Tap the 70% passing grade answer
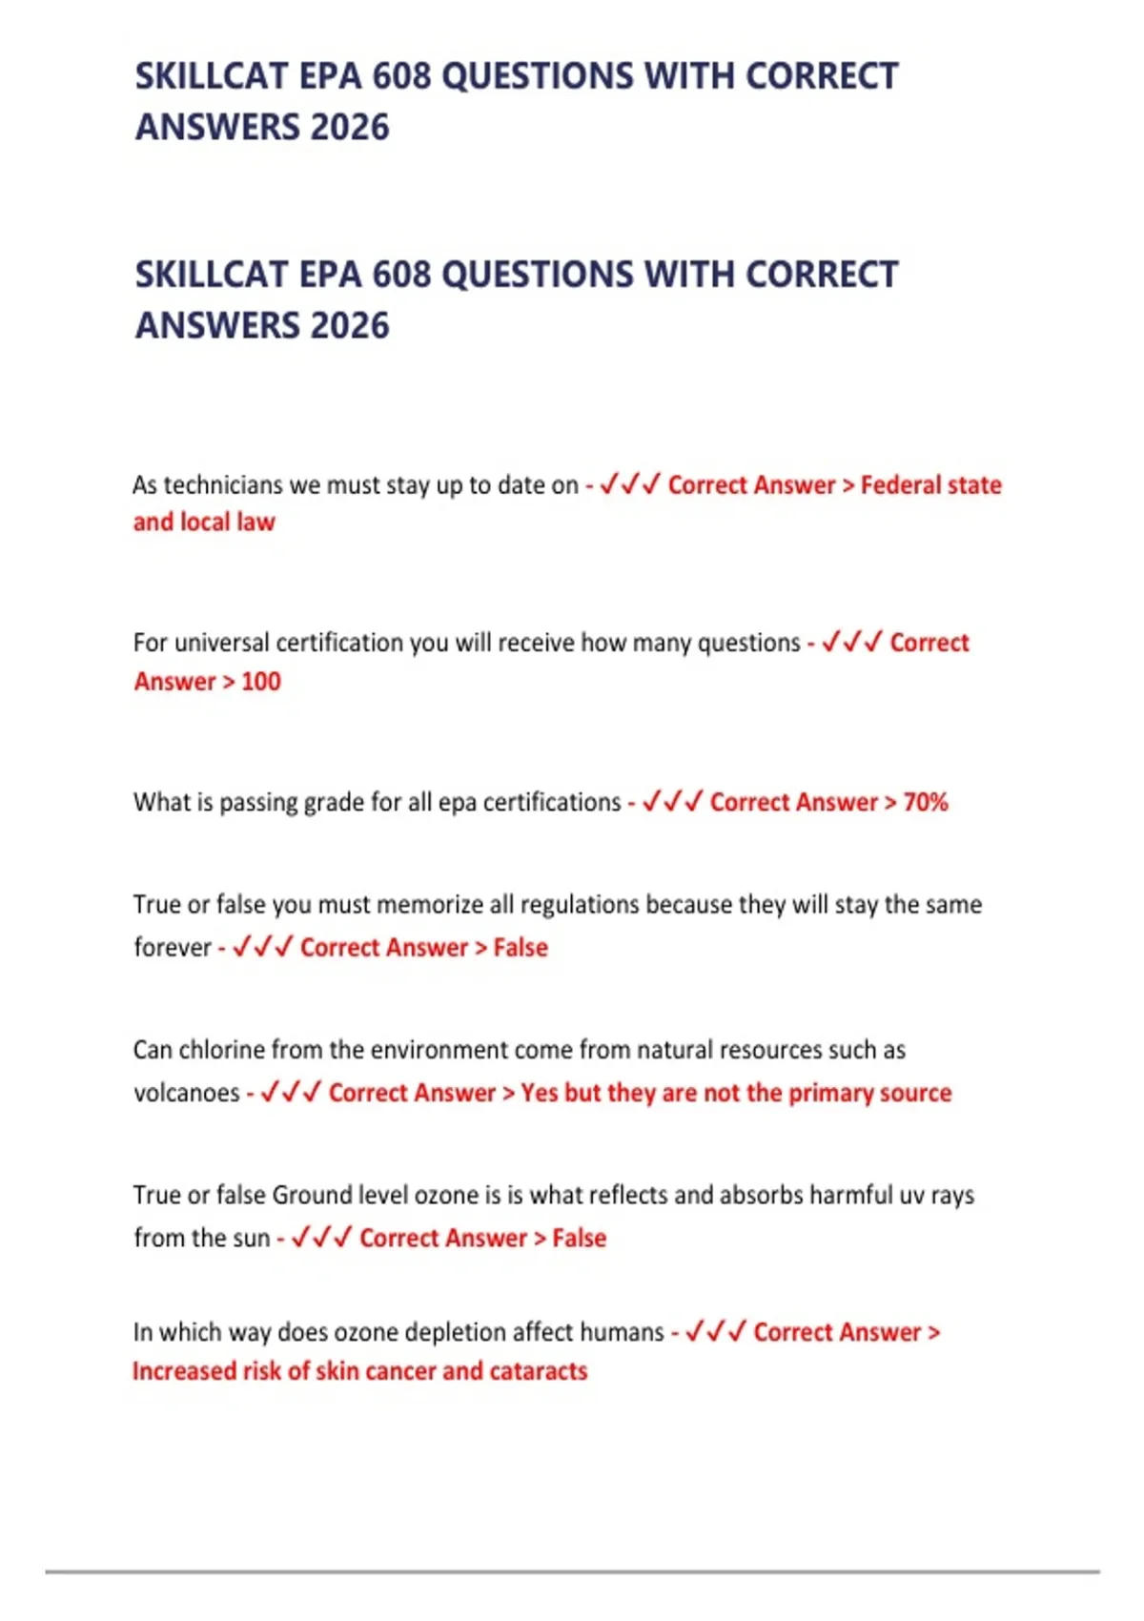[x=925, y=802]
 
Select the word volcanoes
[x=186, y=1093]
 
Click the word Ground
[x=312, y=1195]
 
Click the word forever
[x=172, y=948]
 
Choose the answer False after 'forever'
[x=521, y=948]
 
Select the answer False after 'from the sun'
[x=579, y=1238]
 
